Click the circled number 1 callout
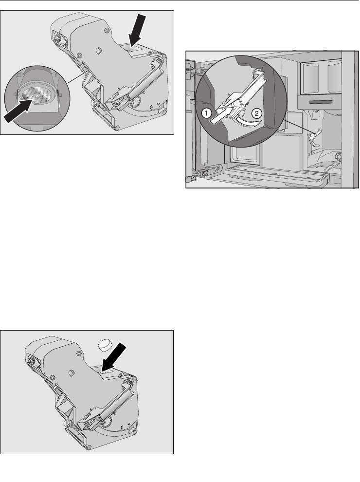click(206, 113)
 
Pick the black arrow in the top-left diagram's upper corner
click(137, 30)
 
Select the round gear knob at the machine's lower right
click(339, 157)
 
